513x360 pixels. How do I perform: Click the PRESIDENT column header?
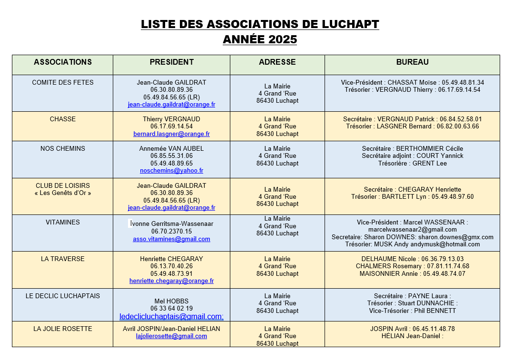pos(171,62)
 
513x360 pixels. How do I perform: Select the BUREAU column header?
pos(412,62)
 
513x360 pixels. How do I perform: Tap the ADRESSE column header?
pos(277,62)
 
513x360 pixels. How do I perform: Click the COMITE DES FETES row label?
pos(63,82)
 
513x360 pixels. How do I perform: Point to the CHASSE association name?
pos(63,119)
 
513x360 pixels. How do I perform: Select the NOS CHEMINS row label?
pos(63,148)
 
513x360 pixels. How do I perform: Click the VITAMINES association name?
pos(63,222)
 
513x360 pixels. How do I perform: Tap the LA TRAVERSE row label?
pos(63,259)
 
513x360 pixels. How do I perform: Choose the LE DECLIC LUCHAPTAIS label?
pos(63,296)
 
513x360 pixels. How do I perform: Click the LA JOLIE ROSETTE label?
pos(63,329)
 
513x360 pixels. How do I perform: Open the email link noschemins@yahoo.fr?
pos(171,171)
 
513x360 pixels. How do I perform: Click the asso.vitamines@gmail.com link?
pos(171,239)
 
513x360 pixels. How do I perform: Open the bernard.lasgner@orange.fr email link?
pos(171,134)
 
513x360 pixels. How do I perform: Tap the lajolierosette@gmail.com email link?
pos(171,336)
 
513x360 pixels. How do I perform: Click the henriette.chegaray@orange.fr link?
pos(171,281)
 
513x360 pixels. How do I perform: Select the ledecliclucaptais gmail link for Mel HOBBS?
pos(171,316)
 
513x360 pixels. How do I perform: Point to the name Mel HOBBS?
pos(171,301)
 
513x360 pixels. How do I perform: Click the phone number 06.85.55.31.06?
pos(171,156)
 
